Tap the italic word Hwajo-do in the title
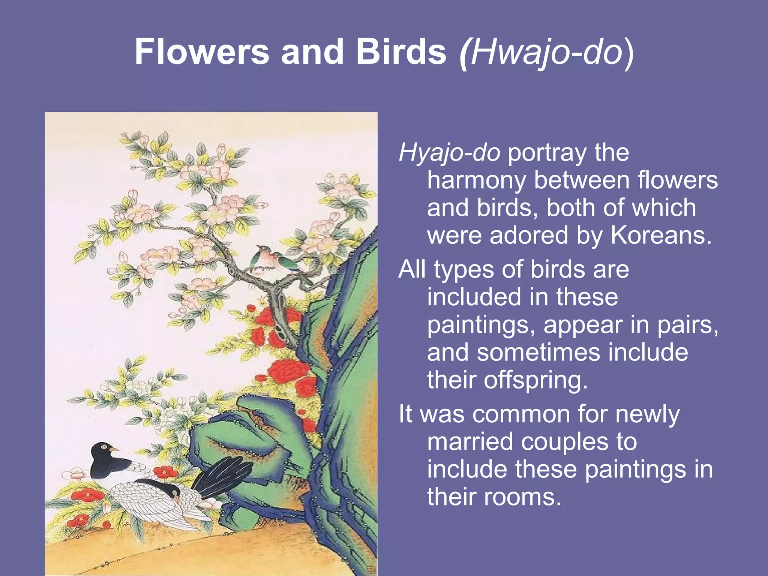(x=546, y=52)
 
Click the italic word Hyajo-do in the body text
(x=449, y=153)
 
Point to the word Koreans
(x=661, y=235)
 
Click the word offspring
(x=535, y=381)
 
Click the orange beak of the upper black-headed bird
(x=114, y=449)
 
